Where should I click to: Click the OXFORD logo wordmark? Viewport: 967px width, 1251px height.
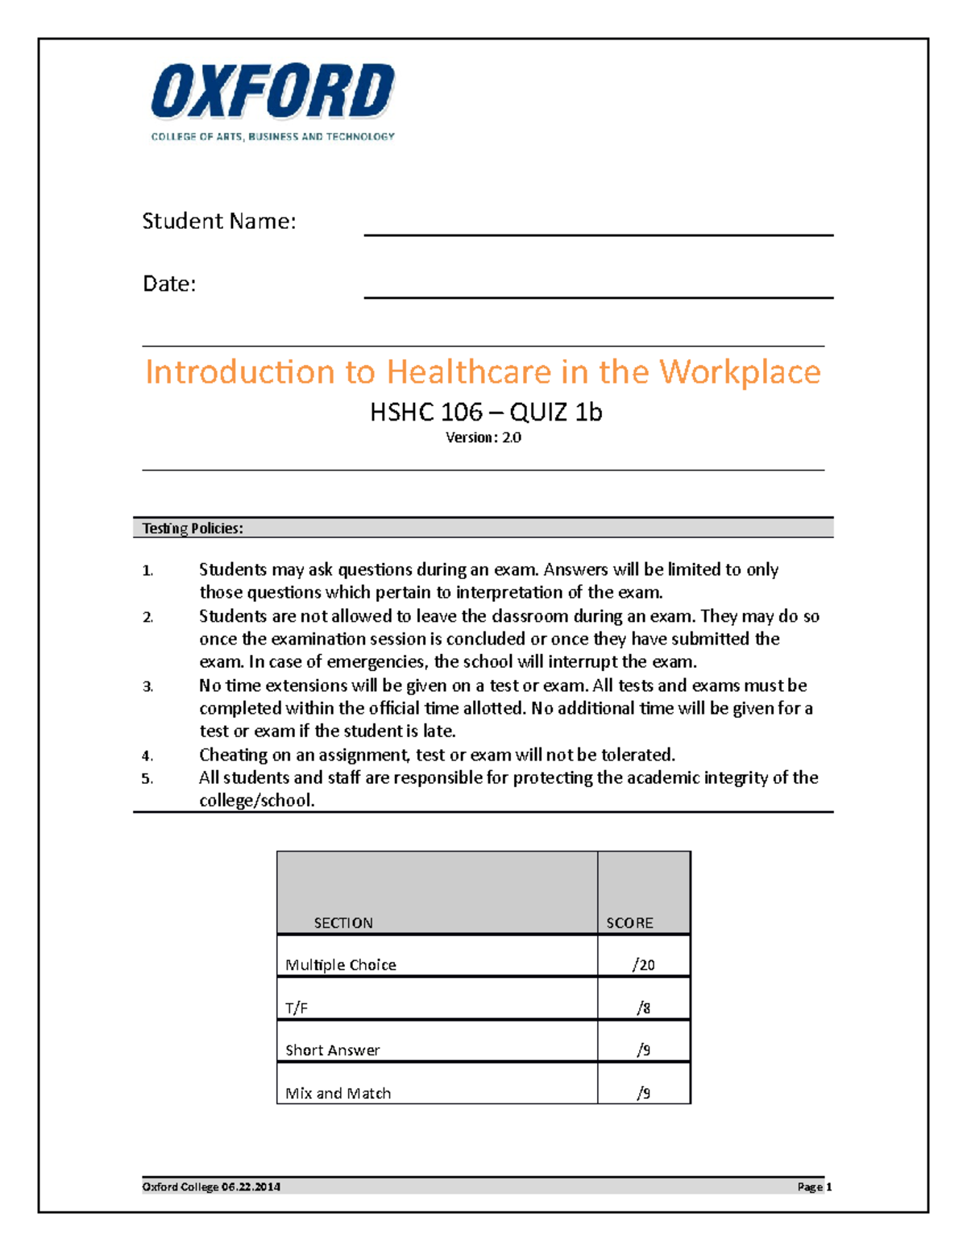272,92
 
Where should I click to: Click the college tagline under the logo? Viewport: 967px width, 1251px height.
272,137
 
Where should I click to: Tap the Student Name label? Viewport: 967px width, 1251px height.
218,222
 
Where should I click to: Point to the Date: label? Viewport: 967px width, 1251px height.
169,284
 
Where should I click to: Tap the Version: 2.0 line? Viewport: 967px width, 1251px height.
483,437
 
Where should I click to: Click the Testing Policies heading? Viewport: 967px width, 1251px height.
193,528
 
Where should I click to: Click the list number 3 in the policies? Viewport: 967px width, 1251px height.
147,687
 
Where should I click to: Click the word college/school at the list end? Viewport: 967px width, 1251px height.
256,801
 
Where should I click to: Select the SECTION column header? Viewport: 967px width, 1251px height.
343,923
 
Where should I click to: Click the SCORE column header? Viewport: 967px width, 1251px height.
629,923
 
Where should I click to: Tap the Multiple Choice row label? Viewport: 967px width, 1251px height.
341,965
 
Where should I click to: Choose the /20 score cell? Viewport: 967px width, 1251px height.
643,965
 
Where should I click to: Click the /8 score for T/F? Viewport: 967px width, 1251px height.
643,1008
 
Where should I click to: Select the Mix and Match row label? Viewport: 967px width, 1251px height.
338,1093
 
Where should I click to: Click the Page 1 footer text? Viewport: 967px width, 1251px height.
814,1187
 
